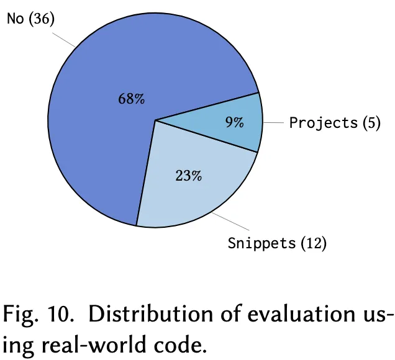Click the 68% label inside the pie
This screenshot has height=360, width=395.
pos(132,99)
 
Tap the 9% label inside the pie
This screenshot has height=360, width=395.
pos(234,123)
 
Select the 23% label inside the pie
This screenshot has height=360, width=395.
pos(188,176)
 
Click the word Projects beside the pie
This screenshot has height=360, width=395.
pos(324,123)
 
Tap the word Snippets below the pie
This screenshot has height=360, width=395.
pos(261,243)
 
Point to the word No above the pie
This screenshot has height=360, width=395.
pos(16,19)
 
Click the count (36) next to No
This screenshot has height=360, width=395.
pos(41,19)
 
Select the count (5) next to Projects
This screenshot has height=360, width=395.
pos(371,123)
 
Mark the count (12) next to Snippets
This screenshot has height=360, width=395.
pos(314,243)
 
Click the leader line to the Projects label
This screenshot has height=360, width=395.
pos(273,122)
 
